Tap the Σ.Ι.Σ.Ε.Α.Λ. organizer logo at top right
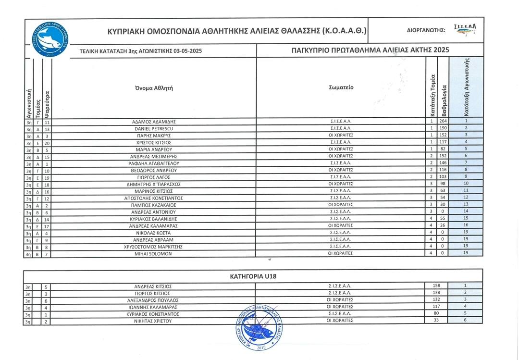coord(465,30)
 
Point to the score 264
coord(443,122)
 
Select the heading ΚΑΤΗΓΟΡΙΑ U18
coord(253,276)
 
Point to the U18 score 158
coord(436,286)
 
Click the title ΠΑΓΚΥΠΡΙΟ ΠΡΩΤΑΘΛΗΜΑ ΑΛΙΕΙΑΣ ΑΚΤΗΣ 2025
coord(370,50)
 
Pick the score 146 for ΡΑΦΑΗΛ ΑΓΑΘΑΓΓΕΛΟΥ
coord(443,163)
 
